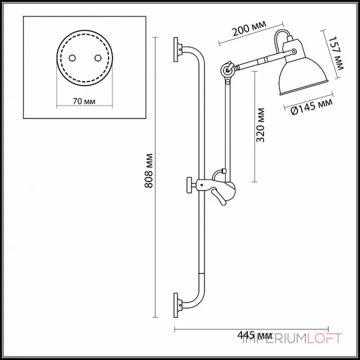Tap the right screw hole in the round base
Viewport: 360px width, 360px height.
point(97,57)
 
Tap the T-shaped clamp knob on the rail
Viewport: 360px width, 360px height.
point(189,184)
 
